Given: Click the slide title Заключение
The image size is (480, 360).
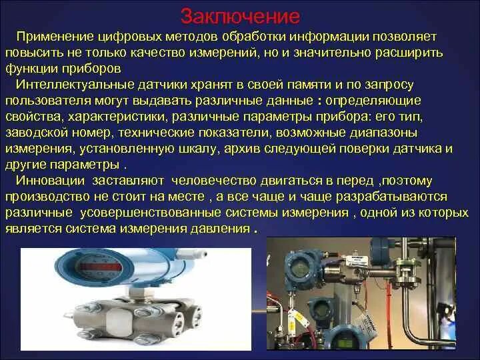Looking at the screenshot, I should [241, 15].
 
